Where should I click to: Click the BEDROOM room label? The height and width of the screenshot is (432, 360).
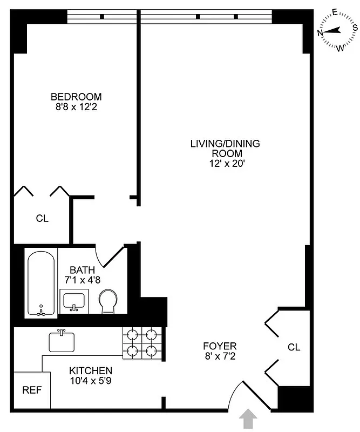(76, 97)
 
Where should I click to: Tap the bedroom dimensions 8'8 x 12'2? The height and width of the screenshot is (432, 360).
(76, 107)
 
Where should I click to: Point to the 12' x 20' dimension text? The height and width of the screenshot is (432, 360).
(225, 163)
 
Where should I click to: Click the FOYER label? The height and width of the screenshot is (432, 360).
(220, 346)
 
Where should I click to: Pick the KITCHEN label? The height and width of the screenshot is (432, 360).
(91, 371)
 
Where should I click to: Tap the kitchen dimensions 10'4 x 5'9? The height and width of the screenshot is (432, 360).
(91, 381)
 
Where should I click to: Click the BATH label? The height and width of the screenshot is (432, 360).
(82, 270)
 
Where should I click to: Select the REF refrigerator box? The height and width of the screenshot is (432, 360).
(28, 390)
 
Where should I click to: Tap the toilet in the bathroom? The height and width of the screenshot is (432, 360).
(108, 301)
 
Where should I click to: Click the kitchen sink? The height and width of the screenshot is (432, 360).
(62, 341)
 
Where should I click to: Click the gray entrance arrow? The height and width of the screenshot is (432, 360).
(248, 418)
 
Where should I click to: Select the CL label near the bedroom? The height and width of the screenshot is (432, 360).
(42, 219)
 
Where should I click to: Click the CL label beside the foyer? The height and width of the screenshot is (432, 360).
(294, 347)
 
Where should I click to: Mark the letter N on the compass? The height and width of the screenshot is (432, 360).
(320, 33)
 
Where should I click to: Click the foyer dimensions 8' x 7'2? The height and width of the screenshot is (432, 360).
(220, 356)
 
